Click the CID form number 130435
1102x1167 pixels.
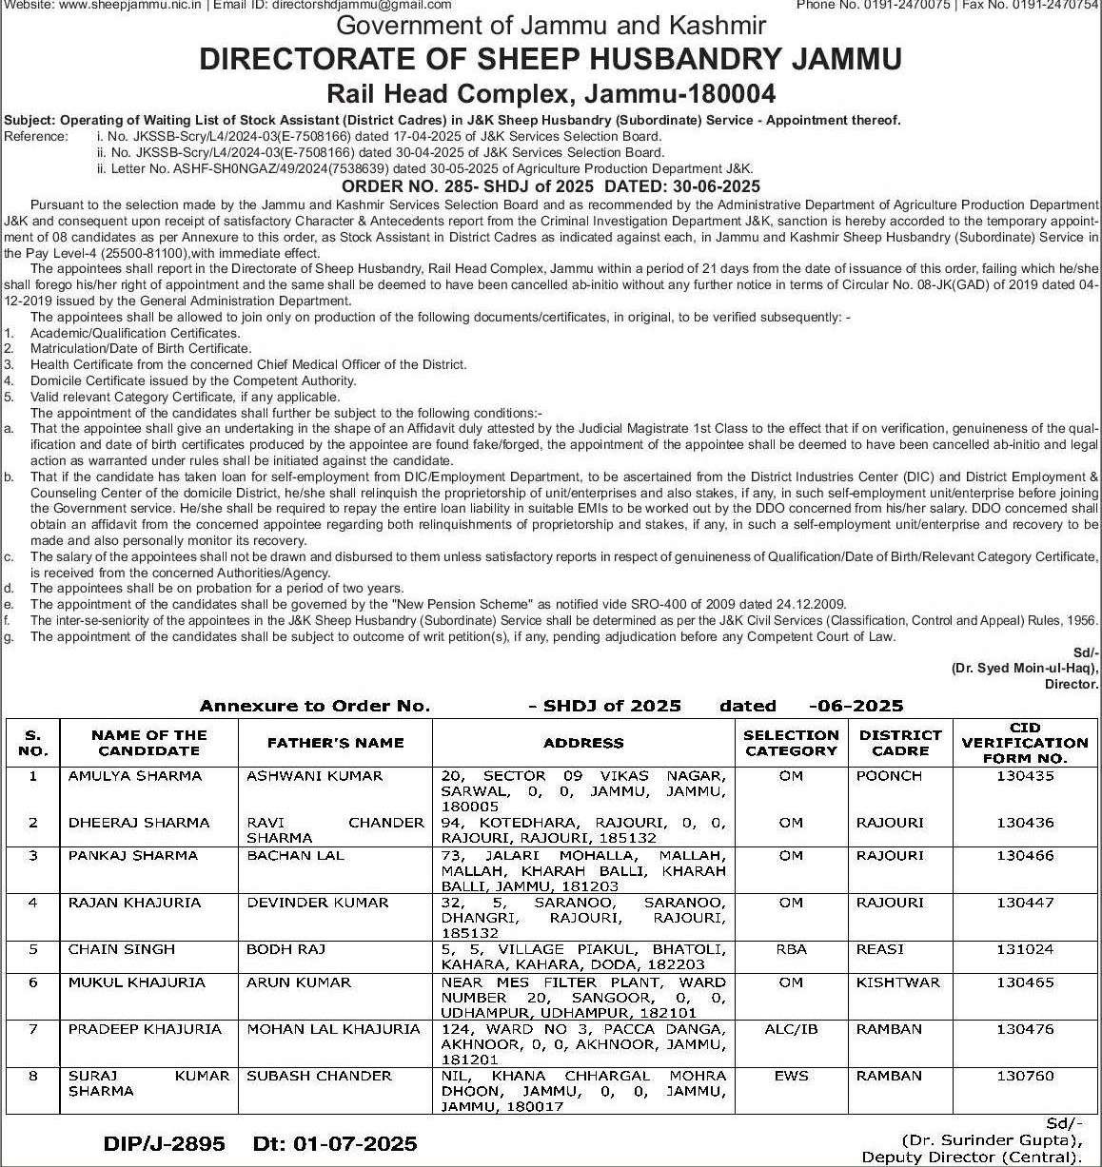pos(1025,776)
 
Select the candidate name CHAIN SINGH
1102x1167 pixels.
pos(122,949)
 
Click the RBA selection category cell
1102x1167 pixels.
pos(791,949)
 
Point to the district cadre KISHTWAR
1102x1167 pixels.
pos(897,982)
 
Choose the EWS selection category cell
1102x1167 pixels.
pos(791,1076)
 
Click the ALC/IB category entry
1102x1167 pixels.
pos(791,1029)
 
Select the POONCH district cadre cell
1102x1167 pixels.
pos(889,776)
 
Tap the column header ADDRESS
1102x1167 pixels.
pos(583,743)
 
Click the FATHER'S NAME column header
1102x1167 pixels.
pos(335,743)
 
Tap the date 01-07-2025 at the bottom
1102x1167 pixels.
pos(351,1144)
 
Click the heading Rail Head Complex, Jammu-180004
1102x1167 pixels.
pos(551,93)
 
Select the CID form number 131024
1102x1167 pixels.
pos(1025,949)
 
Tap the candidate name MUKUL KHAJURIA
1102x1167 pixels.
pos(136,982)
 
